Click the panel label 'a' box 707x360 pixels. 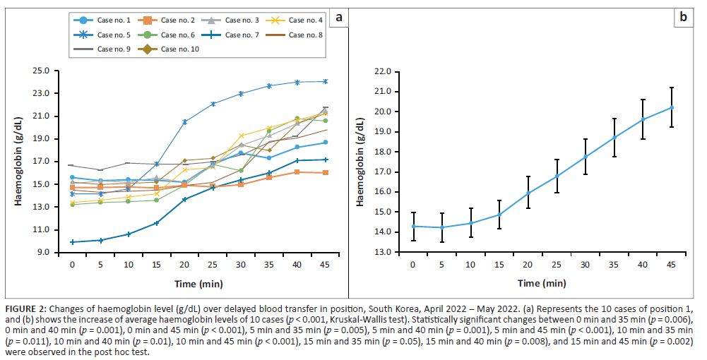pos(339,17)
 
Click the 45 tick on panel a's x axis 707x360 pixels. pos(325,264)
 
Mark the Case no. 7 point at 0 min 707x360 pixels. pos(72,242)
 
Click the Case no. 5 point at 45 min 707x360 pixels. pos(325,81)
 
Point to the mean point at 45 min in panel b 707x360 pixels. pos(672,107)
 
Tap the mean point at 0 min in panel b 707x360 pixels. pos(413,226)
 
